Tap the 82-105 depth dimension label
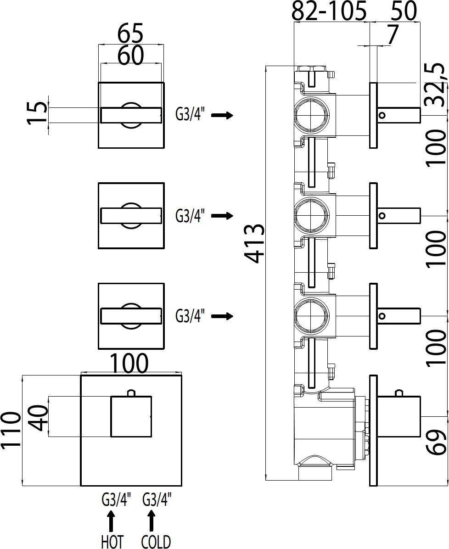(329, 11)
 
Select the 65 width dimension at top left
(130, 34)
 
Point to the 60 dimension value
(130, 56)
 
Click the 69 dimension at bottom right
(436, 442)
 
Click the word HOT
(112, 542)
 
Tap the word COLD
(156, 542)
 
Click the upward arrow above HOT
(111, 521)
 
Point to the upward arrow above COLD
(152, 521)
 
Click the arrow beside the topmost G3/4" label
(222, 115)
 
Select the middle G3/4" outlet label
(190, 215)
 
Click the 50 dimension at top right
(404, 11)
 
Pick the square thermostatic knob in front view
(131, 416)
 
